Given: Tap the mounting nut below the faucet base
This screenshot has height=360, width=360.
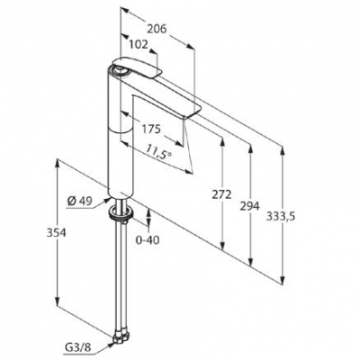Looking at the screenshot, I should (116, 214).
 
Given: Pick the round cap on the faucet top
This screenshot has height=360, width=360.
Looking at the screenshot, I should (119, 67).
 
